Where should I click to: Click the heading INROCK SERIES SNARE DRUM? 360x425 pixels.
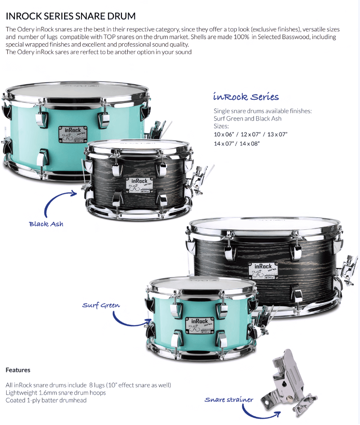pos(70,16)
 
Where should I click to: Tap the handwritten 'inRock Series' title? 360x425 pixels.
pos(246,96)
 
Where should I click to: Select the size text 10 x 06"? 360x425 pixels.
pos(224,134)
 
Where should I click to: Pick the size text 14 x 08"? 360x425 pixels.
pos(250,144)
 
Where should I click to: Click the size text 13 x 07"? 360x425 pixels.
pos(277,134)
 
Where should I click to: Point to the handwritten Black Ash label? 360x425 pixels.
pos(46,224)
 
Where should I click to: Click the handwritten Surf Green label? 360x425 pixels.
pos(101,305)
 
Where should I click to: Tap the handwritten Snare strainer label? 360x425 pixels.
pos(229,399)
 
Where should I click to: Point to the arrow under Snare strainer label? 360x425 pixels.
pos(257,416)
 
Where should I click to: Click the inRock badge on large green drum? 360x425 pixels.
pos(73,134)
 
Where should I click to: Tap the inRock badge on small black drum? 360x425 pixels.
pos(139,185)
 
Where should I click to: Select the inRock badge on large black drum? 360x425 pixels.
pos(263,270)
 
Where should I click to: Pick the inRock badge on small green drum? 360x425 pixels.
pos(200,325)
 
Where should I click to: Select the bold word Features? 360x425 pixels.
pos(18,370)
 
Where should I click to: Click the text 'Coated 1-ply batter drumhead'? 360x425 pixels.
pos(46,400)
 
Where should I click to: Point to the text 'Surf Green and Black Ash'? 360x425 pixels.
pos(248,119)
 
